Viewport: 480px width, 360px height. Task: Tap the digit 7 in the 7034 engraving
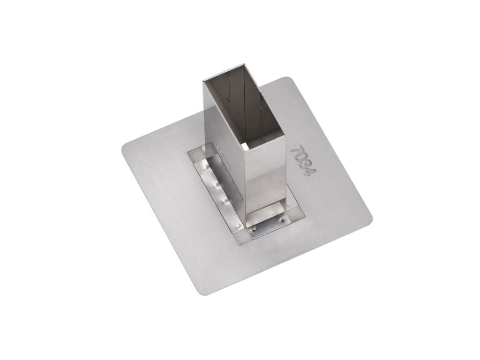296,150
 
